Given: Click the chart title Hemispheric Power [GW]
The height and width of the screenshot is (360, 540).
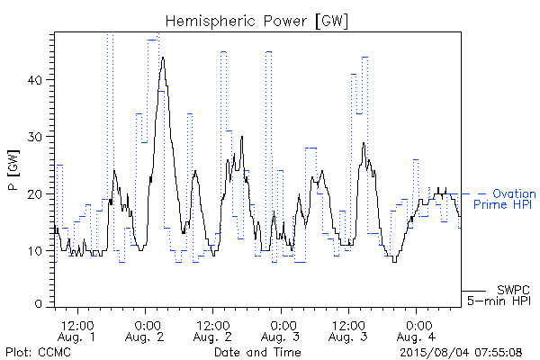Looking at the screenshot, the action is click(256, 21).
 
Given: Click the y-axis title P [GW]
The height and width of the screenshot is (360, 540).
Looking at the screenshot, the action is click(13, 170).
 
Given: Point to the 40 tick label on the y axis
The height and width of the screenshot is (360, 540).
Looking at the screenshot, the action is click(34, 80).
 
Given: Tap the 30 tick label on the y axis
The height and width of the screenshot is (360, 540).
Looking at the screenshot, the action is click(34, 137).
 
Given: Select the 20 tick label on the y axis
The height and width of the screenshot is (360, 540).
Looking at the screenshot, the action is click(34, 194).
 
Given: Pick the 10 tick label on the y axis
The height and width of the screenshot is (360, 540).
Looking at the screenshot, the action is click(34, 251).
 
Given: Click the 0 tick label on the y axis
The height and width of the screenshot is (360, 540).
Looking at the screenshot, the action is click(38, 304).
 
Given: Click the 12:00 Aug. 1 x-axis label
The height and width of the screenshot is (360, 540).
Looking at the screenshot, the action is click(76, 331).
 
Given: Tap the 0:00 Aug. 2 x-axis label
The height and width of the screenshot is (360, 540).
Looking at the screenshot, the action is click(145, 331).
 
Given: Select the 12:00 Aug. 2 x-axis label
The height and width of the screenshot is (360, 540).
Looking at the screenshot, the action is click(212, 331).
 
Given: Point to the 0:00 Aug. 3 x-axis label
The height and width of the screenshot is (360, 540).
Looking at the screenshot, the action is click(280, 331).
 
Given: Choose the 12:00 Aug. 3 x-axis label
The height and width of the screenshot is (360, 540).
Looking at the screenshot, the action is click(348, 331).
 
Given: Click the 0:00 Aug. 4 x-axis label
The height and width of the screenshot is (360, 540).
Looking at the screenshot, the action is click(416, 331).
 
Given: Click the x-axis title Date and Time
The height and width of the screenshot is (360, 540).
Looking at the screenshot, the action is click(257, 352).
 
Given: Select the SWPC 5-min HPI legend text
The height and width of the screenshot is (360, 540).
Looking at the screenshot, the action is click(499, 295).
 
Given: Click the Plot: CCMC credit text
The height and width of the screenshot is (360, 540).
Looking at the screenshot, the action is click(38, 352).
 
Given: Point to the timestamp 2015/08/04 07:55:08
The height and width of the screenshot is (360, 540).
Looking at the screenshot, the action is click(461, 352).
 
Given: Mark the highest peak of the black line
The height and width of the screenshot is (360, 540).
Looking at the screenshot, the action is click(163, 58).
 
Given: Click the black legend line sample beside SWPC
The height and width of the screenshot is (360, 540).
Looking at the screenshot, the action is click(473, 291).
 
